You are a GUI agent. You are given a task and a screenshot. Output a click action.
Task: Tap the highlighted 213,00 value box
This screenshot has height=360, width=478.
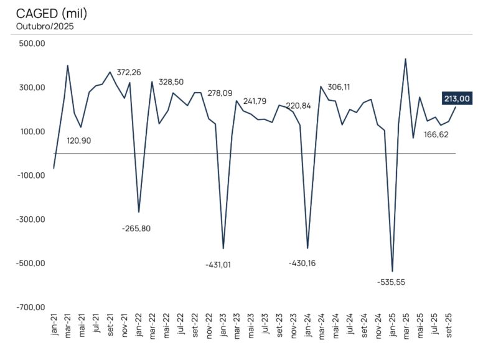pos(457,98)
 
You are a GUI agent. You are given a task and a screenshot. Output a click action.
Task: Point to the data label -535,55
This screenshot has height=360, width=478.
pos(391,282)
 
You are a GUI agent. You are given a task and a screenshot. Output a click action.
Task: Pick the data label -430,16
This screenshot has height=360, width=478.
pos(302,263)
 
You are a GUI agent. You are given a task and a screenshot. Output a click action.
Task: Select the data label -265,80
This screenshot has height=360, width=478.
pos(136,228)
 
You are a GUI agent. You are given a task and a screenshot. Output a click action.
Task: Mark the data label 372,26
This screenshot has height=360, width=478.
pos(129,73)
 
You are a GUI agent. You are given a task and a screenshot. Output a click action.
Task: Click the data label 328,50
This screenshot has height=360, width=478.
pos(171,82)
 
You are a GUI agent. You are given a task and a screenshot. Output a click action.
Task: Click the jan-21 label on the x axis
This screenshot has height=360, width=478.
pos(54,325)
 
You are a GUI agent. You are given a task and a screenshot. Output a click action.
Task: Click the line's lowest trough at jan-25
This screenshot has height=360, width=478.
pos(392,272)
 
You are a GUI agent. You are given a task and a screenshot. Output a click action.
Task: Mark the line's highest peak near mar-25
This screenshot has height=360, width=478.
pos(406,59)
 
